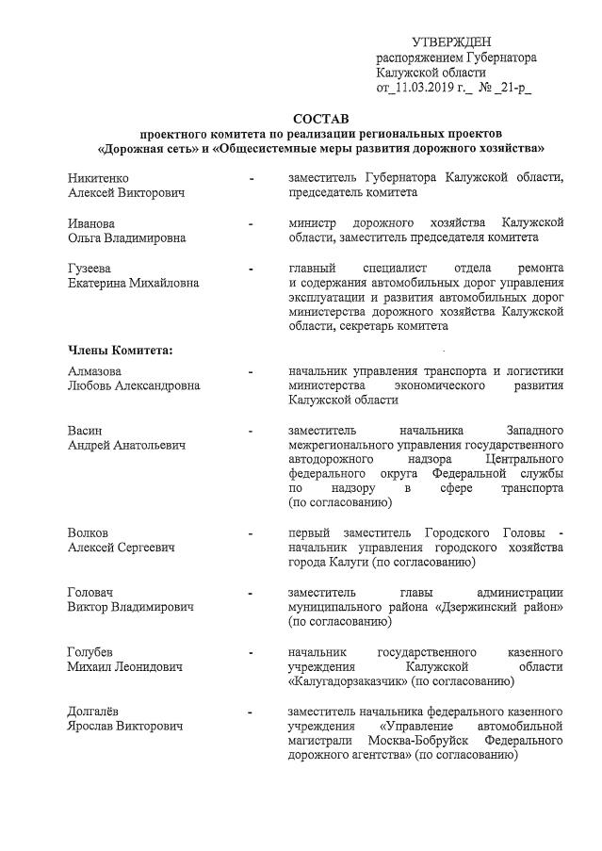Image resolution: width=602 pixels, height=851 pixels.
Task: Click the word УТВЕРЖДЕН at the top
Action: (451, 41)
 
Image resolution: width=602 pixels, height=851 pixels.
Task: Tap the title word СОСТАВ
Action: (320, 119)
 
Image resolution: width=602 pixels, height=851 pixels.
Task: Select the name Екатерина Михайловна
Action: (133, 283)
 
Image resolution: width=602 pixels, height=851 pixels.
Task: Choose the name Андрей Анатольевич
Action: (126, 446)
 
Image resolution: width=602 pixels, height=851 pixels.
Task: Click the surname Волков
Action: (88, 533)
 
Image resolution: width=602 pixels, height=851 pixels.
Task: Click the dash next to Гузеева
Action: (251, 269)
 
